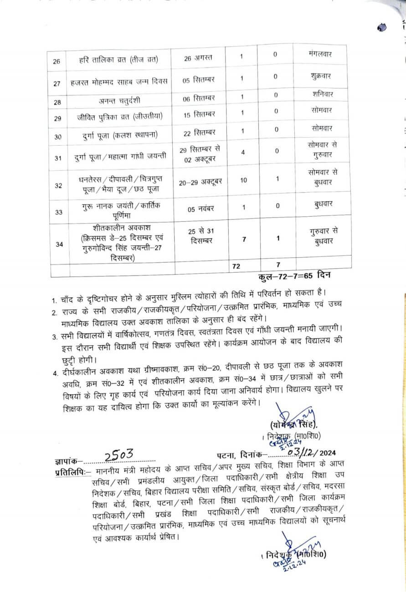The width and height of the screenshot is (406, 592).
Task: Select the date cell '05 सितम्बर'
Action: (x=199, y=80)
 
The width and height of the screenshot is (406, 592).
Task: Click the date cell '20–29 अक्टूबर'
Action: (x=200, y=182)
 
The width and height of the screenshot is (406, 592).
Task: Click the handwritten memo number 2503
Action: (x=118, y=454)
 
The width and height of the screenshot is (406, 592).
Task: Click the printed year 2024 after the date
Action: (x=338, y=453)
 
